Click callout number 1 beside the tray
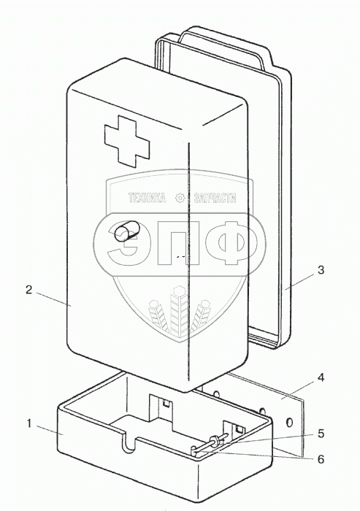(29, 424)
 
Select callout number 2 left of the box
(29, 289)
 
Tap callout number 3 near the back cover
(321, 270)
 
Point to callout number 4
(321, 378)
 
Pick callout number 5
(321, 434)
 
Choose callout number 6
(321, 459)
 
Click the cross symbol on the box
(127, 142)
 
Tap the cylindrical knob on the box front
(125, 231)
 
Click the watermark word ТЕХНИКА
(147, 198)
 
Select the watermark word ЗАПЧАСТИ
(215, 198)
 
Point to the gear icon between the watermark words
(180, 198)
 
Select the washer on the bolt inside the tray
(215, 442)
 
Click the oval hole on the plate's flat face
(289, 423)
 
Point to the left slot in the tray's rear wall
(160, 406)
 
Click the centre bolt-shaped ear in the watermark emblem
(179, 310)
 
